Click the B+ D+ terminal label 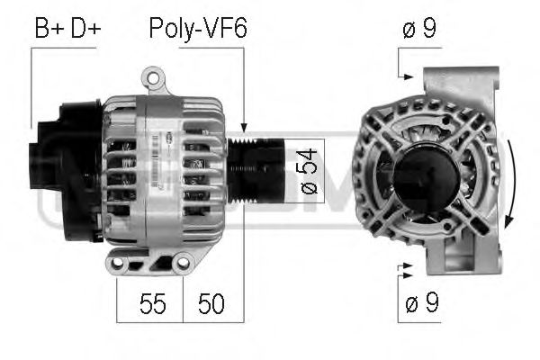click(x=67, y=29)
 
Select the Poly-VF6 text click(x=197, y=29)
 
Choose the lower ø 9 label click(x=419, y=303)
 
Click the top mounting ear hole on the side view click(x=159, y=79)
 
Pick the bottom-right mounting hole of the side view click(x=184, y=263)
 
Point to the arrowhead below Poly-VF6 click(x=243, y=130)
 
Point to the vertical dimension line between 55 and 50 click(x=183, y=297)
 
